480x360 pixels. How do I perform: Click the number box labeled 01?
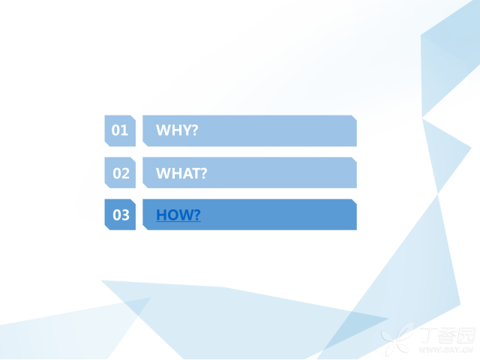pos(120,130)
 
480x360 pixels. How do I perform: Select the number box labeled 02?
pos(120,172)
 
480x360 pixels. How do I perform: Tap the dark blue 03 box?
pos(120,214)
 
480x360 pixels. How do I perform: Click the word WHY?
pos(174,130)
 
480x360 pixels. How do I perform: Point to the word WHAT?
pos(178,173)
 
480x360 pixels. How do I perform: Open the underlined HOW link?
pos(178,215)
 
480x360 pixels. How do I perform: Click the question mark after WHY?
pos(195,130)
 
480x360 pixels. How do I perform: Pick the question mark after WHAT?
pos(204,173)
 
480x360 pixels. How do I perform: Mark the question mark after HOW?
pos(197,214)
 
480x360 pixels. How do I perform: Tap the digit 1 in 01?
pos(124,130)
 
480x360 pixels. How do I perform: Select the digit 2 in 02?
pos(125,173)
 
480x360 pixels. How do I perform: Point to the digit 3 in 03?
pos(125,215)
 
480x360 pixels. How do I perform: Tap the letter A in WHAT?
pos(187,173)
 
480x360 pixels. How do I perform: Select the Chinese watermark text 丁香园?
pos(448,335)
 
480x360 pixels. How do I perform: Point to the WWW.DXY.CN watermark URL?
pos(446,349)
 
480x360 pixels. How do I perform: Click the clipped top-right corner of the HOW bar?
pos(354,202)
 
